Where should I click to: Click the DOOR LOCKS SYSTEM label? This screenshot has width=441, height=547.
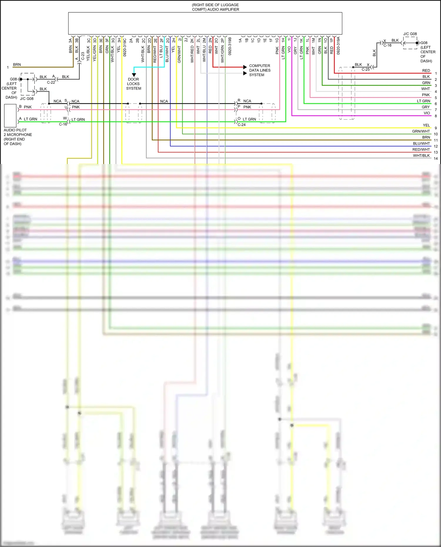133,84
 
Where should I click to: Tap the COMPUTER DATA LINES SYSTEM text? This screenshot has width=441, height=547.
260,70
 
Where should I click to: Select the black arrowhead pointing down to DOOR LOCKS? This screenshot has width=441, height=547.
134,75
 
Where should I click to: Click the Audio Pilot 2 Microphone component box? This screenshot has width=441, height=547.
10,116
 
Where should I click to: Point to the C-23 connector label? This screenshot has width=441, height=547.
83,56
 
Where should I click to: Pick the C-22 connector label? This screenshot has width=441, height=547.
51,82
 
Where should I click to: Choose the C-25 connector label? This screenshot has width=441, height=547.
366,69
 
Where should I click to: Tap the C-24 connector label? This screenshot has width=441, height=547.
242,125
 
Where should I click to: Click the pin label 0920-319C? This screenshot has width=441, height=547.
125,47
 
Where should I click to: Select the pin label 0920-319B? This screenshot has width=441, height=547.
230,46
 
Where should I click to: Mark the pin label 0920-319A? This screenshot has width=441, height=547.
338,46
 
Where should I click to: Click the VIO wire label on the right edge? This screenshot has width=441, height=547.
427,113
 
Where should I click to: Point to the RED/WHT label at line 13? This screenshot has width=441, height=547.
421,150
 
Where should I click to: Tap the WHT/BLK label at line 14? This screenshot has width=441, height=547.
421,155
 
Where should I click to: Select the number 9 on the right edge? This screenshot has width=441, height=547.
436,128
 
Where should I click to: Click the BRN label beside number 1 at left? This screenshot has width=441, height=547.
17,65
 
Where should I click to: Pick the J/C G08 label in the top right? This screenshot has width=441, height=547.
410,34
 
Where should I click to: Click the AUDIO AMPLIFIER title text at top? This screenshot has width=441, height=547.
216,7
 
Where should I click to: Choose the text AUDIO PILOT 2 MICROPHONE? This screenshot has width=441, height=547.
18,133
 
